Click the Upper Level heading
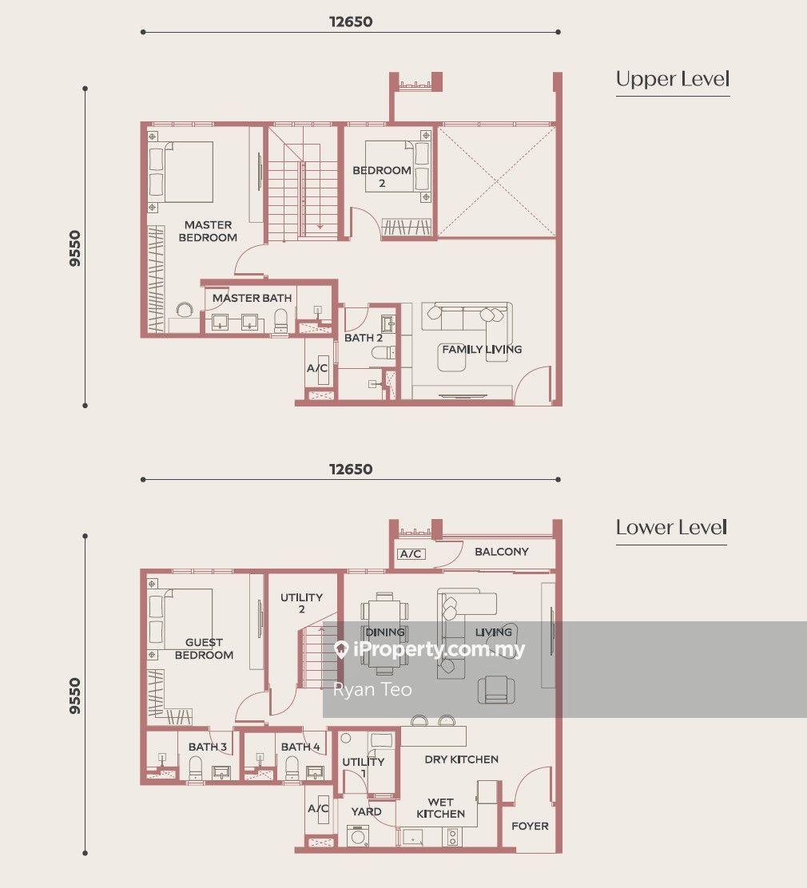(x=673, y=79)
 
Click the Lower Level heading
(x=671, y=528)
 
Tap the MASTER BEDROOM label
(x=208, y=231)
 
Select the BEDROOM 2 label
(x=382, y=176)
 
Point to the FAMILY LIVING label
(x=483, y=350)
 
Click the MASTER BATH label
(x=252, y=298)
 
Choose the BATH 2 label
(x=364, y=338)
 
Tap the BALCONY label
(x=502, y=552)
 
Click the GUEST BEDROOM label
(x=204, y=648)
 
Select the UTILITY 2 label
(x=301, y=603)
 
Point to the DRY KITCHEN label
(x=462, y=759)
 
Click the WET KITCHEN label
(x=441, y=808)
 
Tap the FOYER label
(x=530, y=827)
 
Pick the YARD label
(x=366, y=811)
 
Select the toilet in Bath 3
(x=196, y=767)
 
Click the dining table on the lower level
(x=385, y=633)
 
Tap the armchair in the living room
(x=496, y=690)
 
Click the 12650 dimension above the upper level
(x=351, y=22)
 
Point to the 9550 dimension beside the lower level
(x=74, y=696)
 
